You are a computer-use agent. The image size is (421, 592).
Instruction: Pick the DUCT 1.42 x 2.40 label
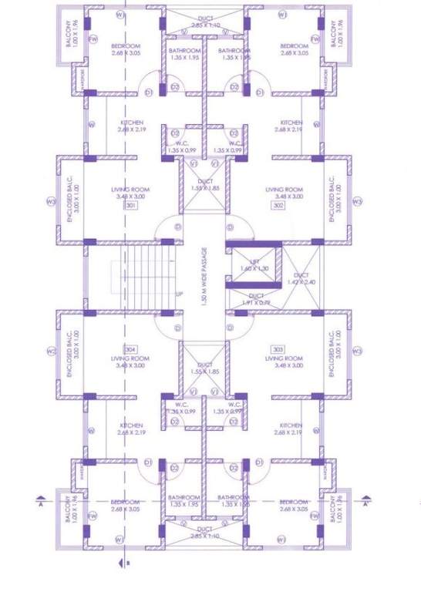point(301,278)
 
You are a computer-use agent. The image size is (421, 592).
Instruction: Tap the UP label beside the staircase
point(180,294)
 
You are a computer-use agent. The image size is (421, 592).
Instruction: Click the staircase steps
point(147,274)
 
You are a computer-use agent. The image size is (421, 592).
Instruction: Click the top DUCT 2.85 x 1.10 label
point(205,22)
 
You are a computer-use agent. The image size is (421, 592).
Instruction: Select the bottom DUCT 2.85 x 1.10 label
point(205,533)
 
